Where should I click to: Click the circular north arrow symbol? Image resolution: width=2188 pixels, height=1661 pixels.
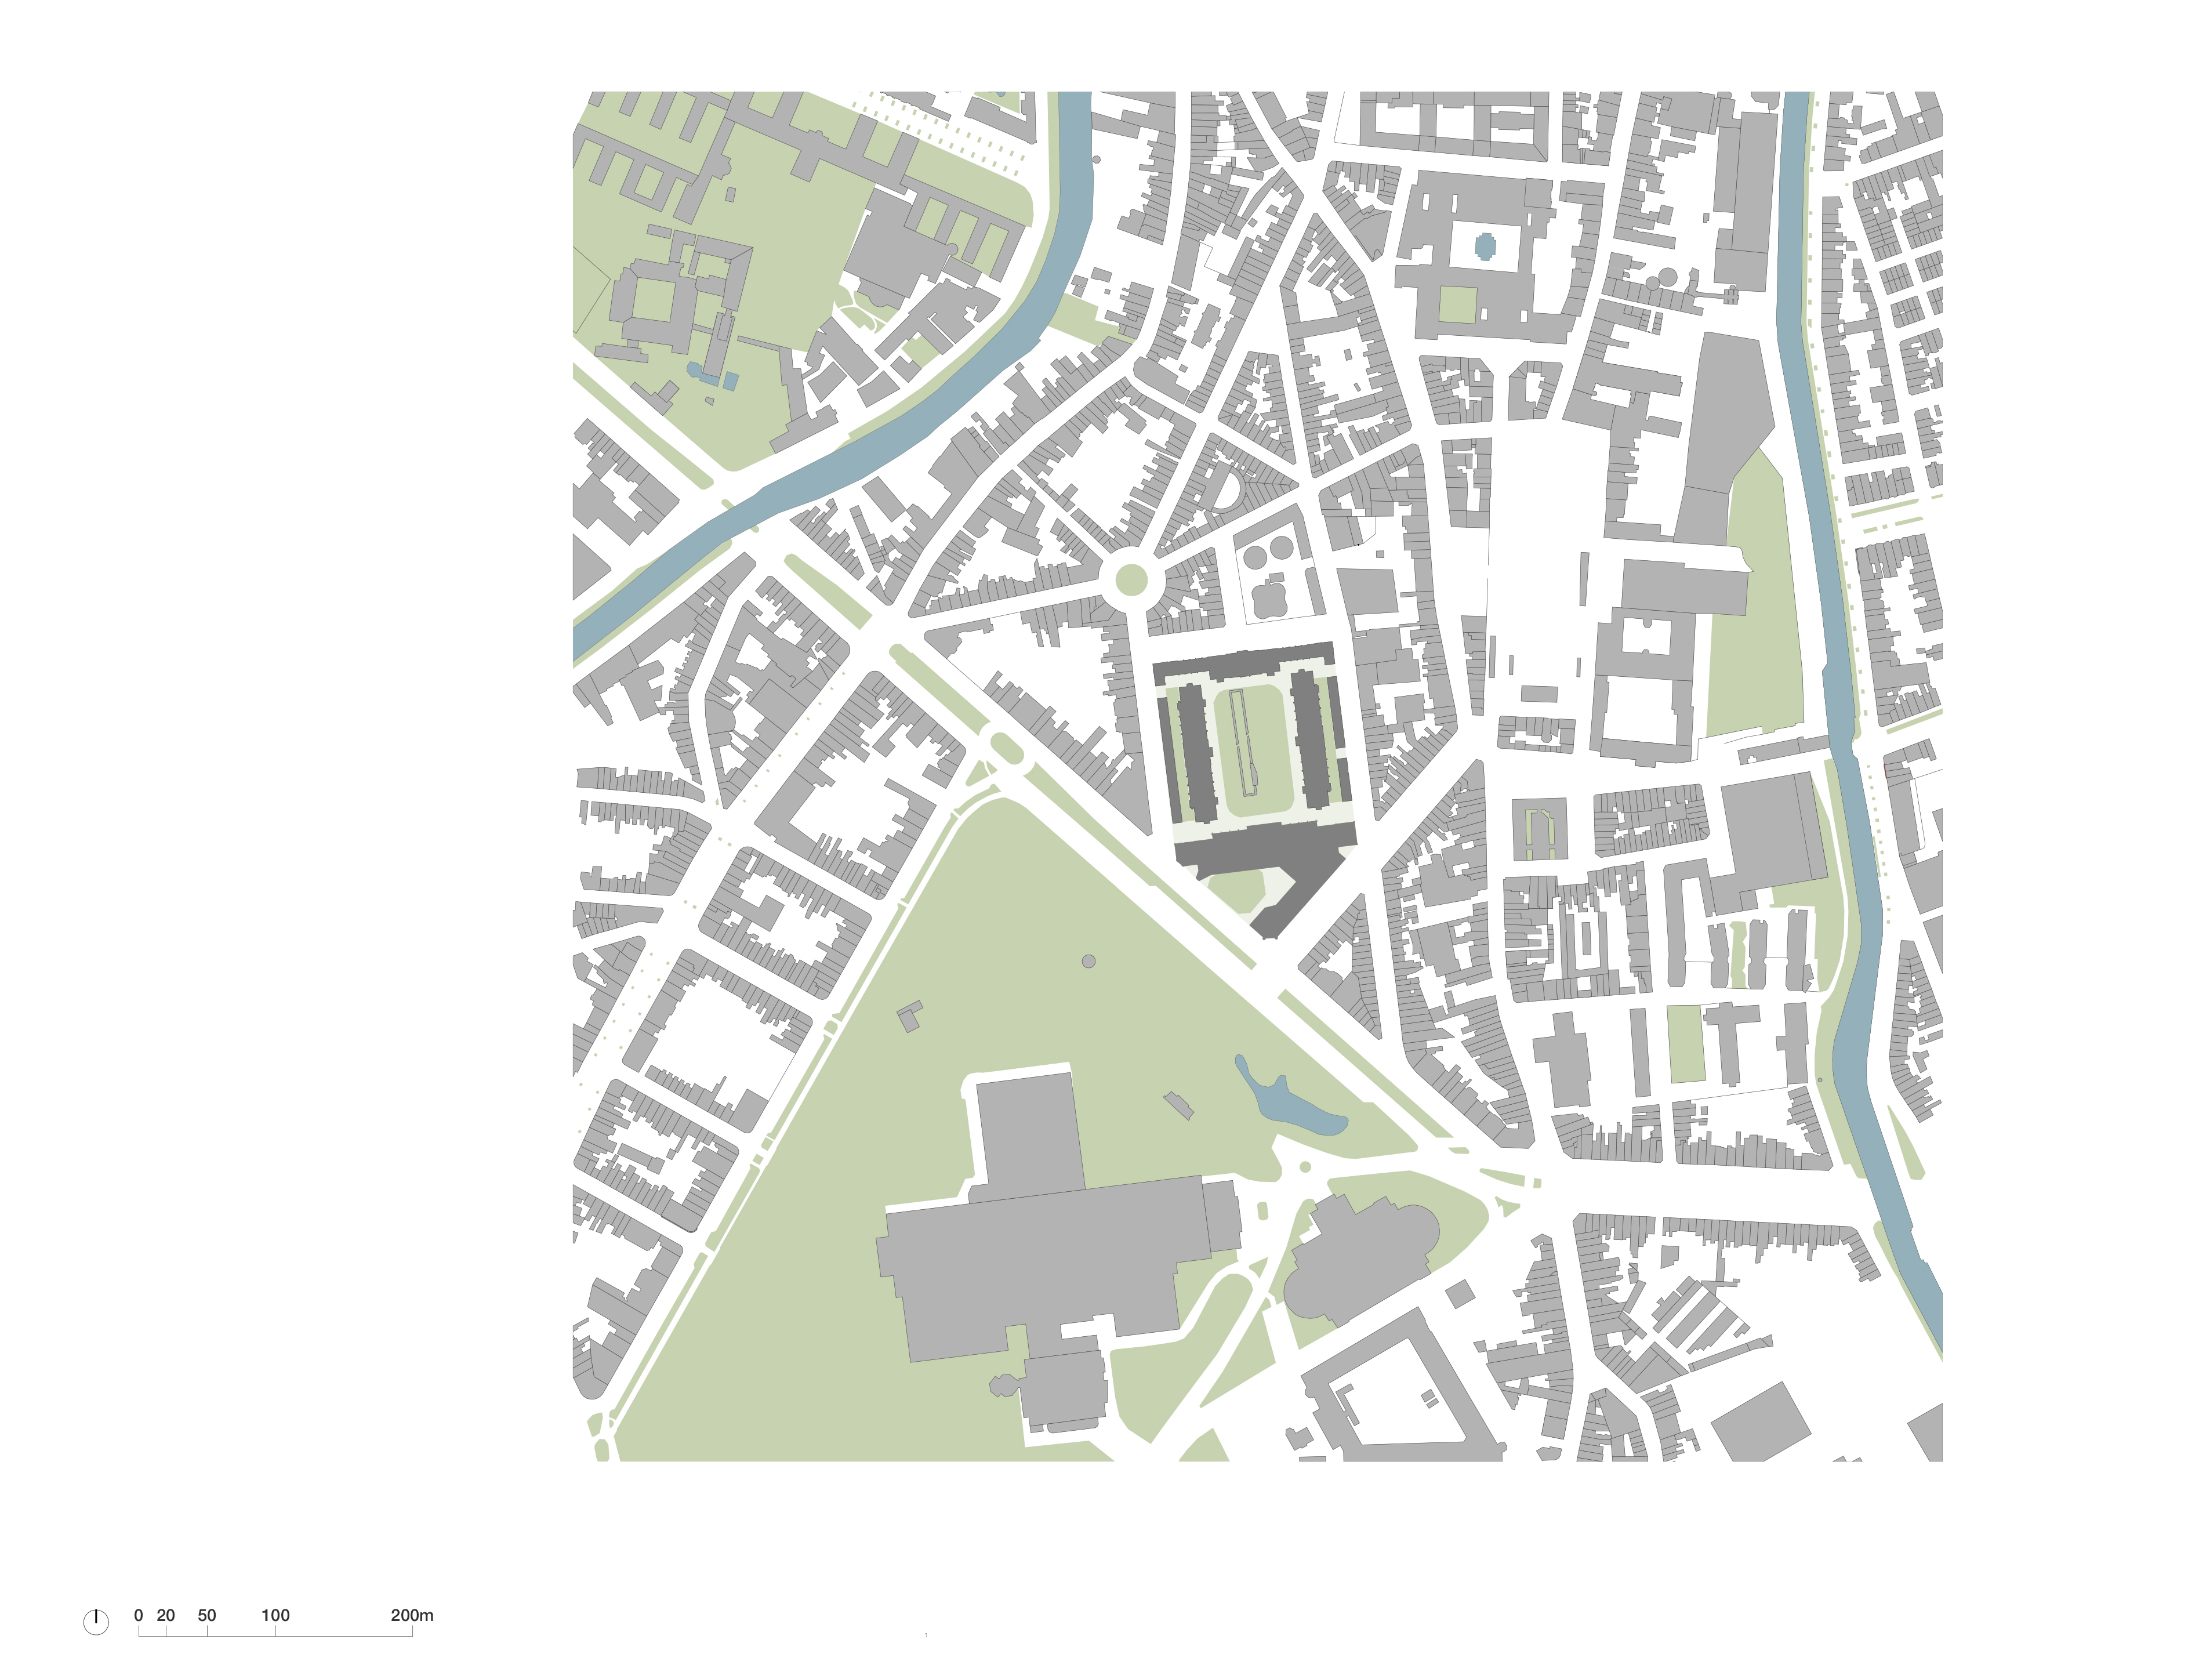click(x=96, y=1622)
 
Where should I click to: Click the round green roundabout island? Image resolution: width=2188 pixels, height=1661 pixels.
click(x=1131, y=581)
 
